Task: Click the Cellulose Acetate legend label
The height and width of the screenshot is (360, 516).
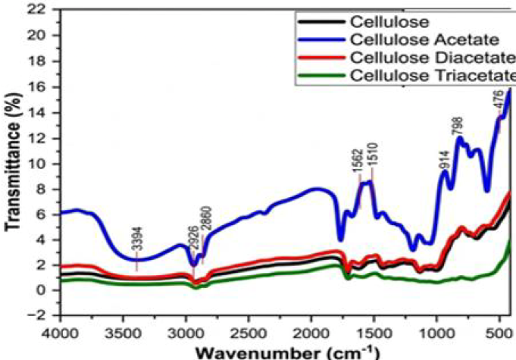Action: [424, 40]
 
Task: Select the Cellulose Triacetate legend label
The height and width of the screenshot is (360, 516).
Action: [433, 76]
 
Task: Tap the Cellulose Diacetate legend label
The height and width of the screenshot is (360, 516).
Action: [433, 58]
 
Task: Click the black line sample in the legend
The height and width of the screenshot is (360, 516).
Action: [322, 22]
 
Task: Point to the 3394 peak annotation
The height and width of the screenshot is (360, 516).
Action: [139, 239]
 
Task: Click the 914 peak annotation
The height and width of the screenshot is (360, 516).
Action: [444, 160]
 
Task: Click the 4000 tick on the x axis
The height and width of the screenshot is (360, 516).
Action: [61, 333]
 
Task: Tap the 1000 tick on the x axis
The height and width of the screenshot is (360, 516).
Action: [437, 333]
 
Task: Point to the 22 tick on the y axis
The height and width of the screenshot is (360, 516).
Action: [44, 10]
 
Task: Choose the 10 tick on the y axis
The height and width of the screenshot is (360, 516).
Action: [44, 164]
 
